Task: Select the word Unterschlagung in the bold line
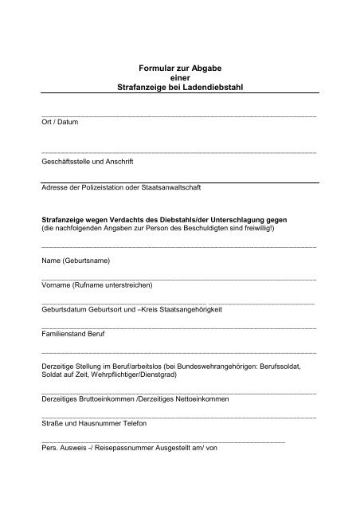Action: [239, 219]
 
